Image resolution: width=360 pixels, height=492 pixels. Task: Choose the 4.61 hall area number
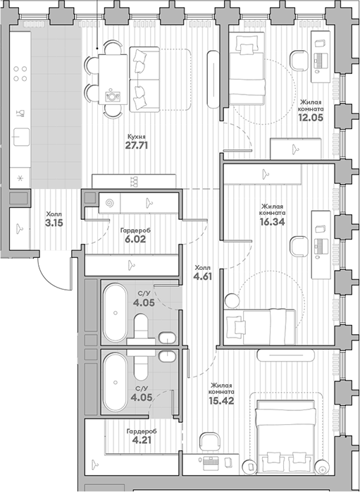tap(203, 277)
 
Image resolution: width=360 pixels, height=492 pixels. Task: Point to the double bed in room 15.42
tap(285, 438)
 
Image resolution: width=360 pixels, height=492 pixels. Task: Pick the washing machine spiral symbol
tap(109, 201)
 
